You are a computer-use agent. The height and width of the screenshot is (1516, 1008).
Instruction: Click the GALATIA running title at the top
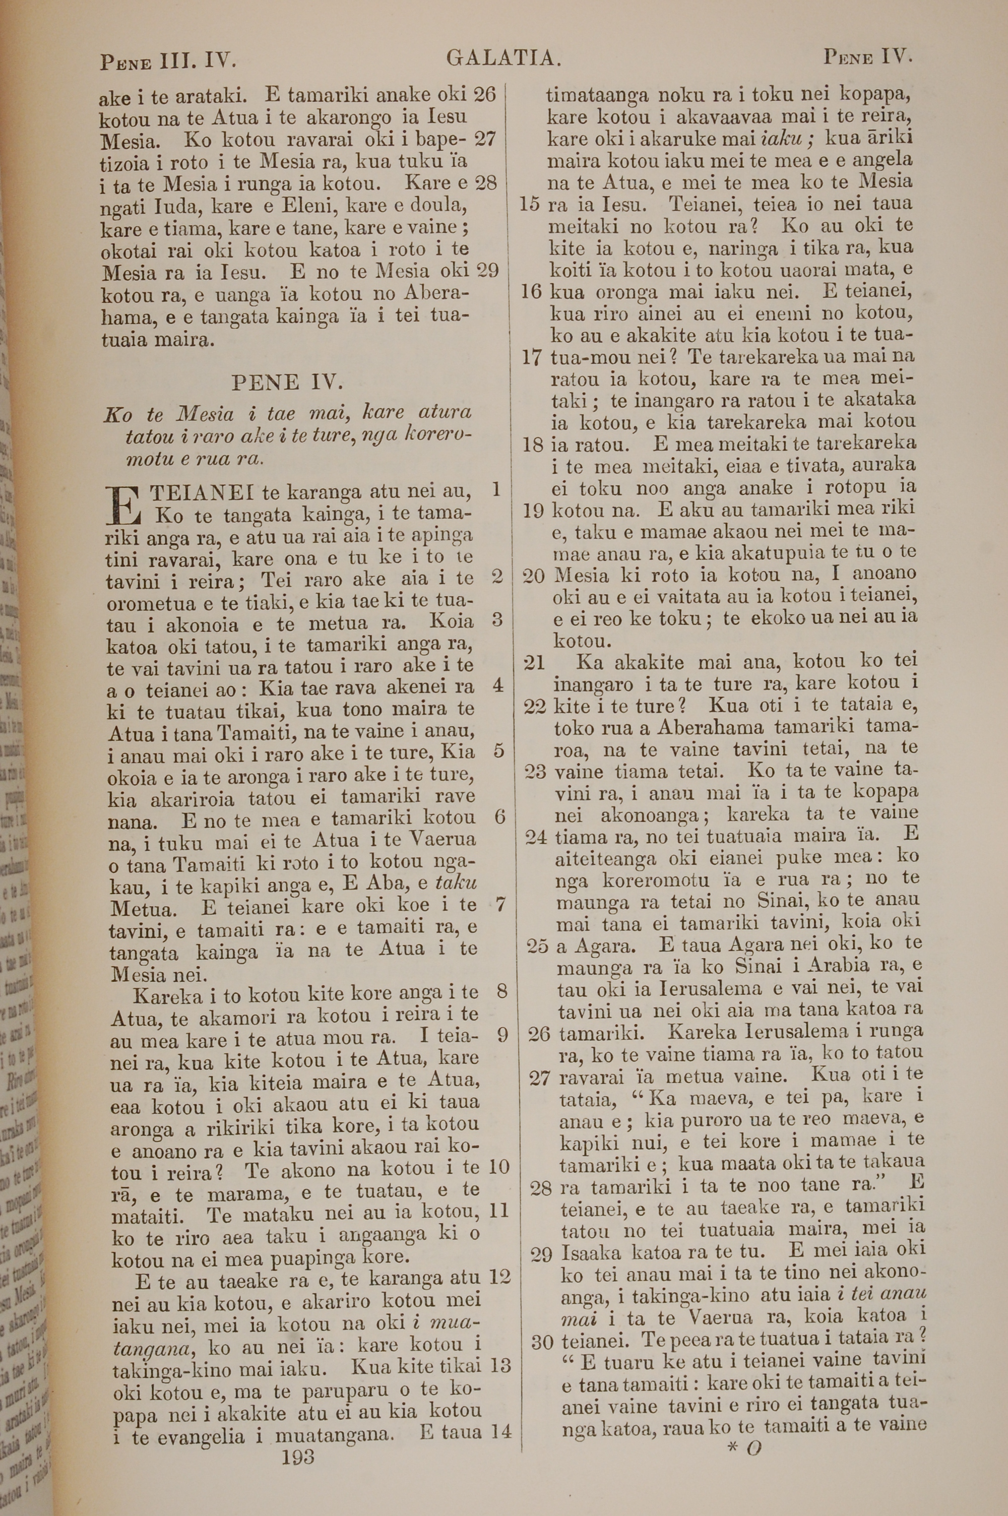click(504, 58)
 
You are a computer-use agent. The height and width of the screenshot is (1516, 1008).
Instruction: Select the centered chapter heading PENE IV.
click(287, 383)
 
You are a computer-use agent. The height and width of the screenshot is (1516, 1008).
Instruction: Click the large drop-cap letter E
click(126, 504)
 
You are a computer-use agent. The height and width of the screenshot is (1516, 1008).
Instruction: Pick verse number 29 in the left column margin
click(487, 271)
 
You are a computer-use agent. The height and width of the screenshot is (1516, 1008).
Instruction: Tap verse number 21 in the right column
click(534, 663)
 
